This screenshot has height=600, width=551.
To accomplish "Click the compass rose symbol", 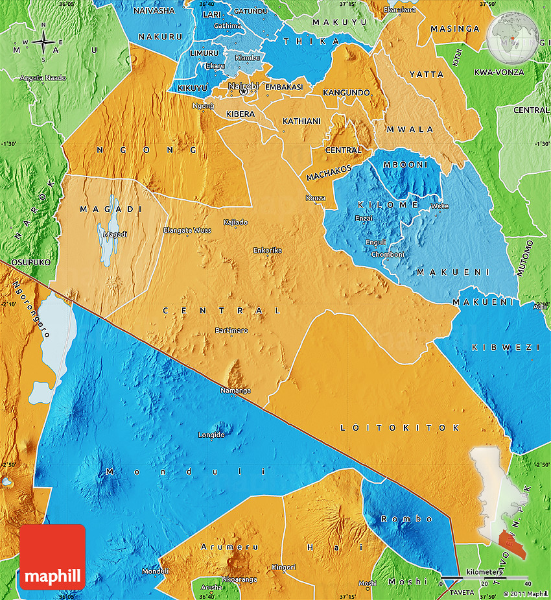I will tap(43, 42).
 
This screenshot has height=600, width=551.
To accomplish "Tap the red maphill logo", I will tap(53, 557).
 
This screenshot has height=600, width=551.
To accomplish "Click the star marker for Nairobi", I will tap(243, 92).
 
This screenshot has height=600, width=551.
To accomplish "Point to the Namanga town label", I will tap(235, 390).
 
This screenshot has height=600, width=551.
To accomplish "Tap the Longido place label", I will tap(211, 434).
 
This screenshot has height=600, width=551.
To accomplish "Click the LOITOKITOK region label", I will tap(400, 428).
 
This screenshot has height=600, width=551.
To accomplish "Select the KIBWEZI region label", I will tap(505, 348).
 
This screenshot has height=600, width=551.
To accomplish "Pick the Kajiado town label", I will tap(235, 222).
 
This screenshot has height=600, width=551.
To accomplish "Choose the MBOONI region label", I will tap(406, 165).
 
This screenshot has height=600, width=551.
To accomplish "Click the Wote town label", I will tap(440, 206).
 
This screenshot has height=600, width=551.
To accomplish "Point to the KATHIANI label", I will tap(301, 121).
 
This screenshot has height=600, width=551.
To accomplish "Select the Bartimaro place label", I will tap(231, 331).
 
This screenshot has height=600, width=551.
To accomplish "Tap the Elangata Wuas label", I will tap(187, 230).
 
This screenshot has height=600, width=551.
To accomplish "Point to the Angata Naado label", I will tap(43, 78).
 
